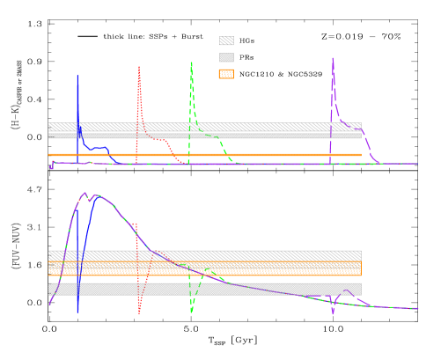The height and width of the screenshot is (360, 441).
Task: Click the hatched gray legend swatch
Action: click(x=226, y=40)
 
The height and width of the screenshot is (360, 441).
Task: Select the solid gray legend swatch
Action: click(x=226, y=57)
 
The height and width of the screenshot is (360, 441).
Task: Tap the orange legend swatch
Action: click(x=226, y=74)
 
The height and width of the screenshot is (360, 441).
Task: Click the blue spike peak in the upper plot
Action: click(x=77, y=76)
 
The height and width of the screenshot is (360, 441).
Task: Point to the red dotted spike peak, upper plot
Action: click(x=139, y=67)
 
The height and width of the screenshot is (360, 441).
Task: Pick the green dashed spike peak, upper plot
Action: click(x=191, y=62)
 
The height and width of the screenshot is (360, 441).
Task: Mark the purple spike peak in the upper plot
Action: click(x=333, y=59)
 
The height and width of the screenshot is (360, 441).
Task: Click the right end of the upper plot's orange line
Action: click(x=361, y=155)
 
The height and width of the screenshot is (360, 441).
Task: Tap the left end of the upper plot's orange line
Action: click(x=49, y=155)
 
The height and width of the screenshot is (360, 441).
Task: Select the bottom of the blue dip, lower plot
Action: click(x=77, y=311)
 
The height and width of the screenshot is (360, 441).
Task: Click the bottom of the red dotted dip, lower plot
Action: click(x=139, y=312)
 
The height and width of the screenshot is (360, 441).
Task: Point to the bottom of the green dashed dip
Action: click(x=191, y=312)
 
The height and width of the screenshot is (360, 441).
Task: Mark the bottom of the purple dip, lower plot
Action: click(x=333, y=312)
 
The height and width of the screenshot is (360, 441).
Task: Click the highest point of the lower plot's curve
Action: click(x=85, y=193)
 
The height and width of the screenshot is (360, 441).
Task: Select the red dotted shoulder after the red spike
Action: click(x=158, y=138)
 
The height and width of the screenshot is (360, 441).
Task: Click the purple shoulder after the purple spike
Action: click(x=350, y=125)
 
